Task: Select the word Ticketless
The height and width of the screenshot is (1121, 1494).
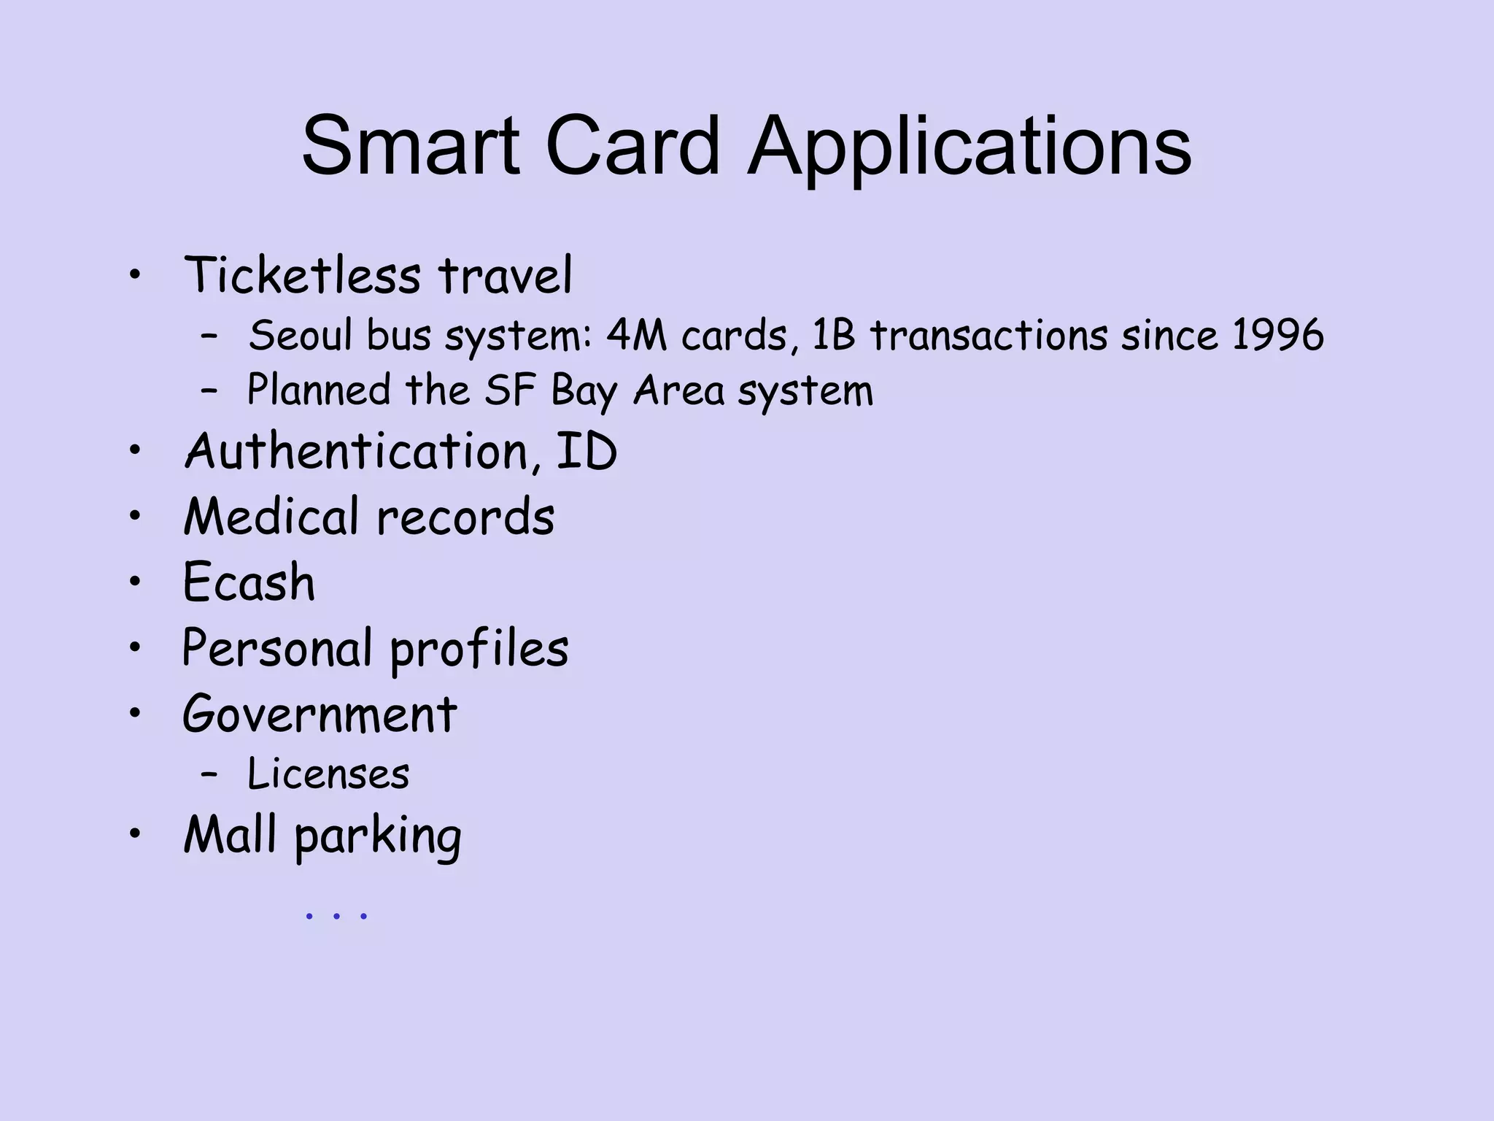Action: (x=302, y=276)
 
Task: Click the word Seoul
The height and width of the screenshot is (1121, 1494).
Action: (x=301, y=336)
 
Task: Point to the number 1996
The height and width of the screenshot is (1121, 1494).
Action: (x=1277, y=336)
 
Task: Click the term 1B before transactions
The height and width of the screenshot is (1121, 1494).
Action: (x=833, y=336)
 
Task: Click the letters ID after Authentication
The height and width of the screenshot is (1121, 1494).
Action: (x=587, y=451)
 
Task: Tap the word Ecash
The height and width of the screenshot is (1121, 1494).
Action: (x=249, y=582)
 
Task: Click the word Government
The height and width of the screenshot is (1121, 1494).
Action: (x=320, y=714)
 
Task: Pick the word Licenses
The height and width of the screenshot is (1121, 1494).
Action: (x=328, y=774)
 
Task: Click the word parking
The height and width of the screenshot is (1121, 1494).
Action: (x=378, y=836)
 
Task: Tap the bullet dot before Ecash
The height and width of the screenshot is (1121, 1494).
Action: (x=134, y=582)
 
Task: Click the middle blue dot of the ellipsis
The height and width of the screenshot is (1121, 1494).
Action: (x=336, y=915)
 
